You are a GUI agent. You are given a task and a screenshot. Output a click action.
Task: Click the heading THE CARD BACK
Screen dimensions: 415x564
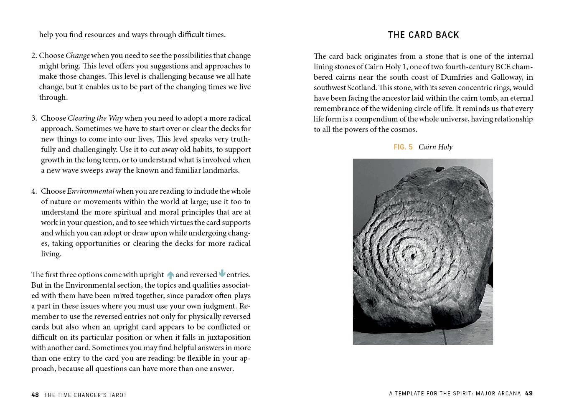pyautogui.click(x=423, y=35)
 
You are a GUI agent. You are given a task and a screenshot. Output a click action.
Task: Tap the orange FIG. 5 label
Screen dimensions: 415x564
pyautogui.click(x=403, y=147)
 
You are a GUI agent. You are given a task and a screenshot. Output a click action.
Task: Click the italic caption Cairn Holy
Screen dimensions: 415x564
pyautogui.click(x=435, y=147)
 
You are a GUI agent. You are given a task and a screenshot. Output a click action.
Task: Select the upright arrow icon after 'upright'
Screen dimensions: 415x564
pyautogui.click(x=170, y=275)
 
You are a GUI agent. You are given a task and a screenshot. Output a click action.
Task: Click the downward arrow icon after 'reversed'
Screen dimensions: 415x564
pyautogui.click(x=222, y=273)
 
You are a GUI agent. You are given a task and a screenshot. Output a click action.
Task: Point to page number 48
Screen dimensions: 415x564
pyautogui.click(x=35, y=395)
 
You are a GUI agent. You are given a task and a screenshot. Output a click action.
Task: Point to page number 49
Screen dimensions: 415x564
pyautogui.click(x=529, y=393)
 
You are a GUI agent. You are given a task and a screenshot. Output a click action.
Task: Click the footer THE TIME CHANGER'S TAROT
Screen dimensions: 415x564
pyautogui.click(x=85, y=395)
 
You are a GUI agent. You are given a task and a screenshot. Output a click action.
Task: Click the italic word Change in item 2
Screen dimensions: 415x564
pyautogui.click(x=77, y=56)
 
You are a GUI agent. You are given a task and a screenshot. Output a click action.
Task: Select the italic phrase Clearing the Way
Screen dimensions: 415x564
pyautogui.click(x=95, y=118)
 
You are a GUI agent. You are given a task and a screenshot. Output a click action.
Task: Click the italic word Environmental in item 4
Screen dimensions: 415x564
pyautogui.click(x=90, y=191)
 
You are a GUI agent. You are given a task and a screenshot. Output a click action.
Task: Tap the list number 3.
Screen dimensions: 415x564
pyautogui.click(x=34, y=118)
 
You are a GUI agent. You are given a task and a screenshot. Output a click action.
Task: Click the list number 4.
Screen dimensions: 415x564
pyautogui.click(x=34, y=191)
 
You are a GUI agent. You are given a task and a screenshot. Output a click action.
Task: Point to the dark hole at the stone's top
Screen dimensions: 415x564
pyautogui.click(x=440, y=169)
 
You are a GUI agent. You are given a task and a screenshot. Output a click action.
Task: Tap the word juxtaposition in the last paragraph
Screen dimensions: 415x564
pyautogui.click(x=229, y=337)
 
